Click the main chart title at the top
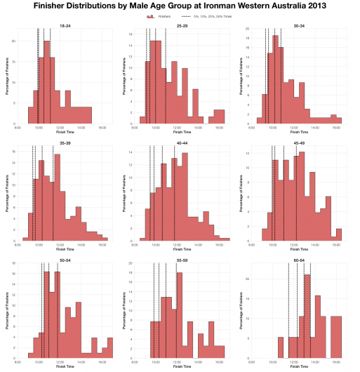pos(180,6)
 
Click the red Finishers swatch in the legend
pos(149,15)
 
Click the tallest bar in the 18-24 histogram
pos(47,84)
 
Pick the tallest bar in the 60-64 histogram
pos(307,316)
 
